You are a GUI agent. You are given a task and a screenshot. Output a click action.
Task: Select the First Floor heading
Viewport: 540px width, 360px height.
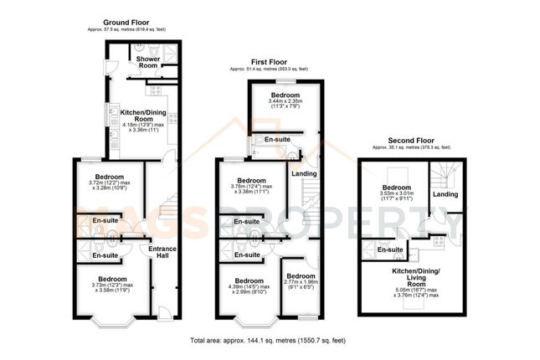270,61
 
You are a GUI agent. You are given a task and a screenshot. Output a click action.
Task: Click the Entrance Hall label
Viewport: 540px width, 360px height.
162,252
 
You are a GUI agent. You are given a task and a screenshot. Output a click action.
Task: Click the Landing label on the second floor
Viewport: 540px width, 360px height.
445,194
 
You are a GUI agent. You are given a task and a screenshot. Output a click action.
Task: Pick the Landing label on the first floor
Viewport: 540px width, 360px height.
303,173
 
